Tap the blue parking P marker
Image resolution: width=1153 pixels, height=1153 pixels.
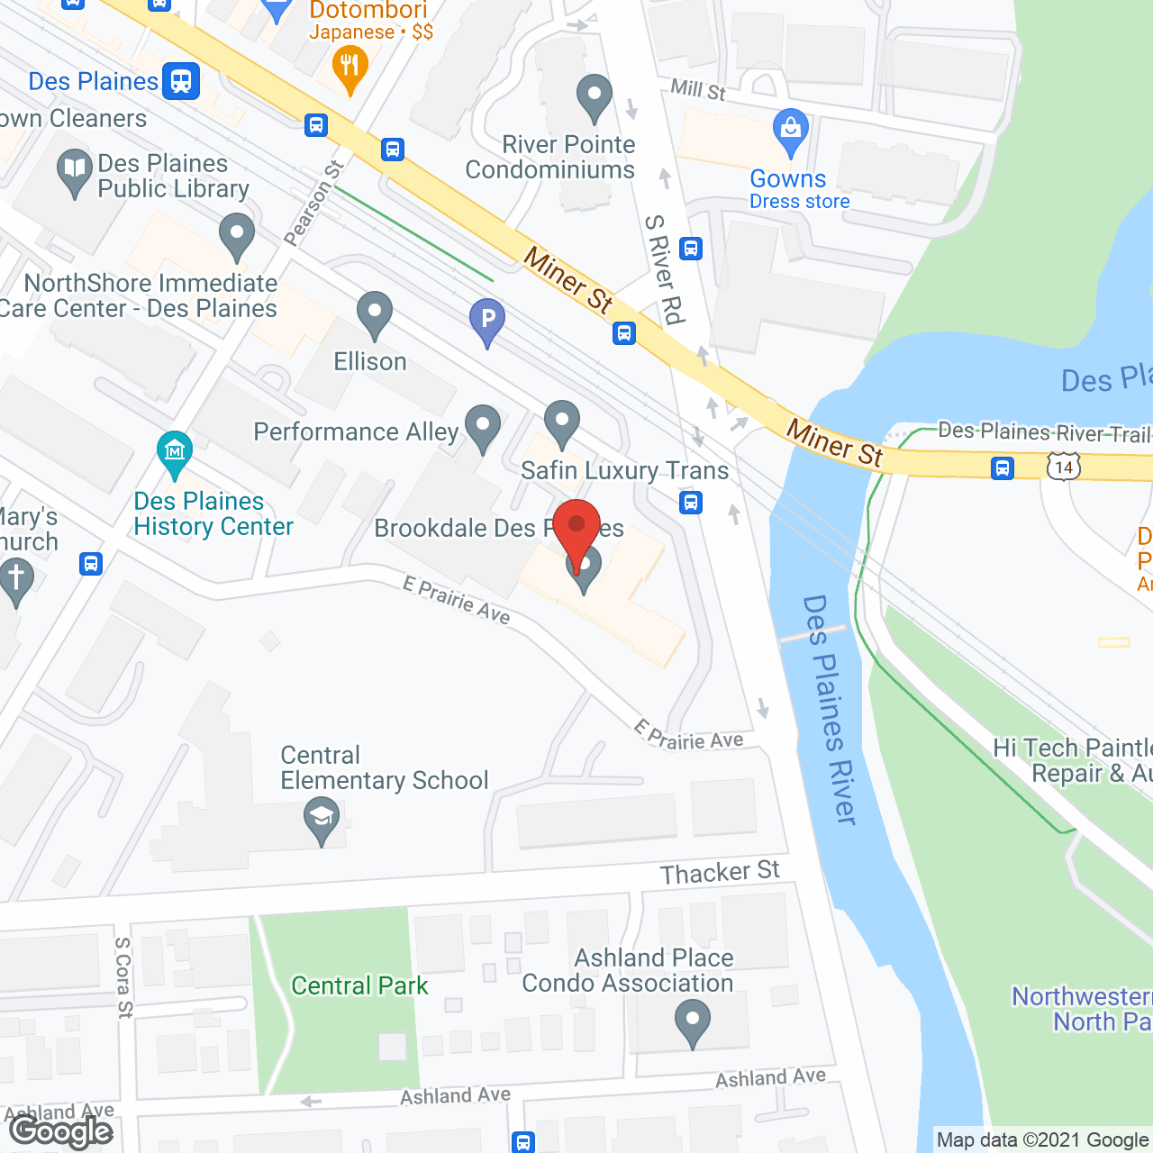click(x=487, y=320)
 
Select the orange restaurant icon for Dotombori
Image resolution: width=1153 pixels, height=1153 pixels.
click(x=350, y=68)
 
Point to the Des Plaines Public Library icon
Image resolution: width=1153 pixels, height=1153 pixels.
click(x=75, y=171)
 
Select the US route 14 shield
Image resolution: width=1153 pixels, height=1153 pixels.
click(x=1064, y=467)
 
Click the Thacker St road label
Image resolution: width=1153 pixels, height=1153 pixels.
click(x=720, y=872)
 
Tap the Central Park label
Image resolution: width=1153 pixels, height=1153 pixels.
click(x=359, y=985)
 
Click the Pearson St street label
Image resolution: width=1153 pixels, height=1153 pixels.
click(x=313, y=203)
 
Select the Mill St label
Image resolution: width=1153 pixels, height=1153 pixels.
click(x=698, y=88)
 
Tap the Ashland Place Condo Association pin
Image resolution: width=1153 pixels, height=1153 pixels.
click(x=692, y=1025)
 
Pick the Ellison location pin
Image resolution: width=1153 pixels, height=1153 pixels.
click(x=375, y=314)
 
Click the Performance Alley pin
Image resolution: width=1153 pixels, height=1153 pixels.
click(x=483, y=427)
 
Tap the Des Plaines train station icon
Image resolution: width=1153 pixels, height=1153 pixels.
click(x=181, y=81)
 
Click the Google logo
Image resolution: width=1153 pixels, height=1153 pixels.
click(x=61, y=1130)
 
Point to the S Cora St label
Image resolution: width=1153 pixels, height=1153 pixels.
click(x=123, y=977)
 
